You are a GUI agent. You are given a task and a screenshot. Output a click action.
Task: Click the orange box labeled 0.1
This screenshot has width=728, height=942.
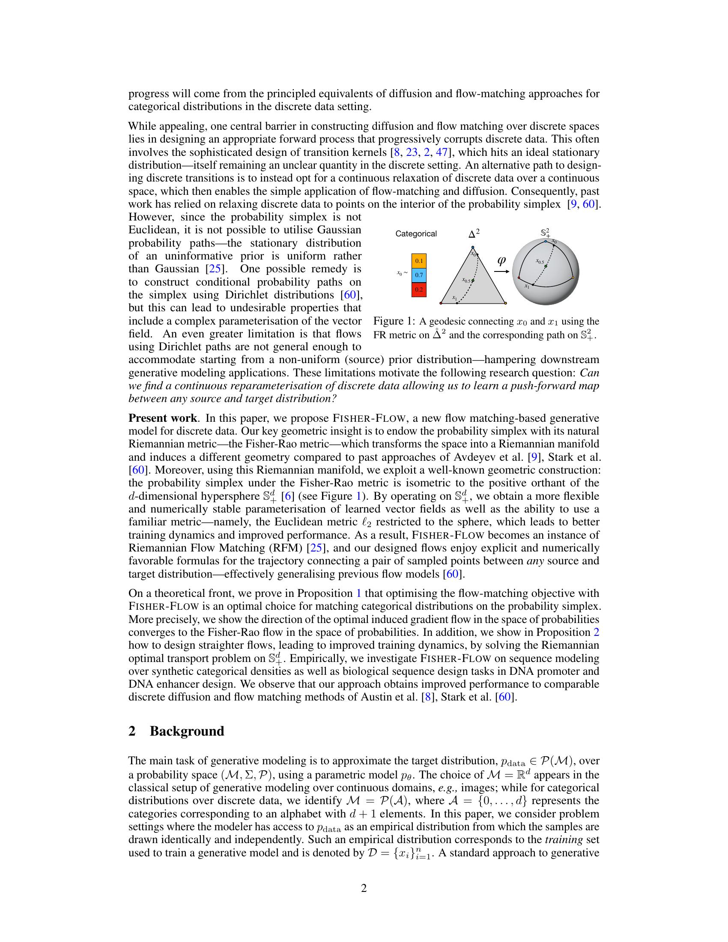pos(419,261)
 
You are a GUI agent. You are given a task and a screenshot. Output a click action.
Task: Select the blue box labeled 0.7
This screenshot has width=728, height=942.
pos(419,275)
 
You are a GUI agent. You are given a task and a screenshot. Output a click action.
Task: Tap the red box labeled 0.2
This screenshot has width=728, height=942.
pos(419,289)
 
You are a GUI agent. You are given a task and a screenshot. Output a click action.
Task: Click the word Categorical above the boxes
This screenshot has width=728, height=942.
pos(416,234)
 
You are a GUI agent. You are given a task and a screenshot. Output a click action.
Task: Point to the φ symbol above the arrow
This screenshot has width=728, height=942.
pos(501,260)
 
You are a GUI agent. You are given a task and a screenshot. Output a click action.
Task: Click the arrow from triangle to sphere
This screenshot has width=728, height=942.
pos(501,272)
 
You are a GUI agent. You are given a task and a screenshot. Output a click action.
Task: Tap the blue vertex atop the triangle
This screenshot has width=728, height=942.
pos(473,247)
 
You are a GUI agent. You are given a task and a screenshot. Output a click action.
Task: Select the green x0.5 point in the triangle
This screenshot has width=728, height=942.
pos(472,281)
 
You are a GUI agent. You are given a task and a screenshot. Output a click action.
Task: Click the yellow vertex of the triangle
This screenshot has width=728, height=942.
pos(505,304)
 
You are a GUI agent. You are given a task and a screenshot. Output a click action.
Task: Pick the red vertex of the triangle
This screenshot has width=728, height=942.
pos(441,304)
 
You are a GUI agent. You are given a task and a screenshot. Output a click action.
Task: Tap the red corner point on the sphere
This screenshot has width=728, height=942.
pos(518,278)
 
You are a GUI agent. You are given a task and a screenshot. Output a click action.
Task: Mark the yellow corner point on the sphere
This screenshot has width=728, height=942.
pos(573,278)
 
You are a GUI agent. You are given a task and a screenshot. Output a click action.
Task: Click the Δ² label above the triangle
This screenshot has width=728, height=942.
pos(474,234)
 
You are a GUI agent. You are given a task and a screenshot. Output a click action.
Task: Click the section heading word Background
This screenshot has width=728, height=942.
pos(187,730)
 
